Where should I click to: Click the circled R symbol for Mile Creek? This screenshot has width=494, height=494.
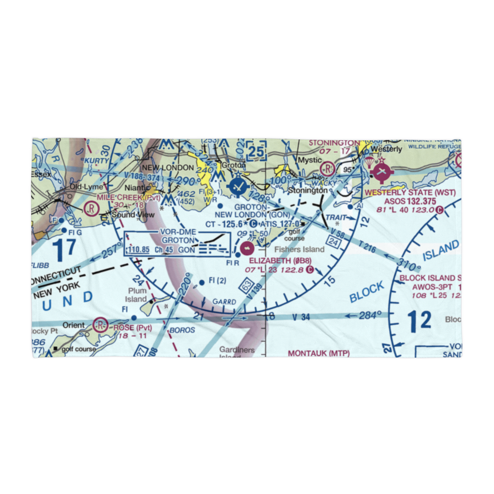[x=91, y=208]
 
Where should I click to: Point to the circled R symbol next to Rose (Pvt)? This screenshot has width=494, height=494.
[x=101, y=325]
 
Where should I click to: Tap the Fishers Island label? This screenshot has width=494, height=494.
[x=300, y=249]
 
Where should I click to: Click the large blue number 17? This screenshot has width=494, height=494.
[x=65, y=250]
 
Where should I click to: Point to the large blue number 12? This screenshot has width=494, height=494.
[x=419, y=321]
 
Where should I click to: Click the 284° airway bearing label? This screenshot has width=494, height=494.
[x=372, y=315]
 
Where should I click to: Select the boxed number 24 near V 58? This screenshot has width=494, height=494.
[x=333, y=243]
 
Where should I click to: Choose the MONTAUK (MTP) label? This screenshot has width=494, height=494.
[x=319, y=353]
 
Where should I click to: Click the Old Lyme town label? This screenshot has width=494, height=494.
[x=86, y=187]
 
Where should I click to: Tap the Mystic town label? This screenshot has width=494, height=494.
[x=309, y=161]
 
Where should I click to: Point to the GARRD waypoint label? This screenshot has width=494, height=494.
[x=224, y=302]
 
